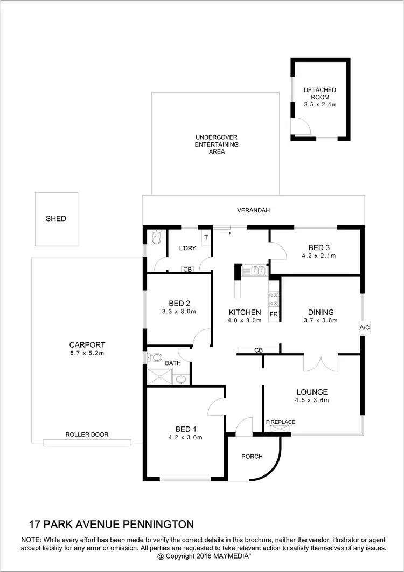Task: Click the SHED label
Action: coord(56,219)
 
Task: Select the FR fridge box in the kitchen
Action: coord(274,314)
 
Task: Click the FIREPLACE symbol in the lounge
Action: coord(280,429)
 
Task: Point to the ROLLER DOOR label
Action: coord(87,435)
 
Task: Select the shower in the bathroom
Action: coord(161,378)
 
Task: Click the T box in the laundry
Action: coord(206,237)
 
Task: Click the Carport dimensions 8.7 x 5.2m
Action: coord(87,354)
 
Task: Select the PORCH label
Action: coord(252,457)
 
